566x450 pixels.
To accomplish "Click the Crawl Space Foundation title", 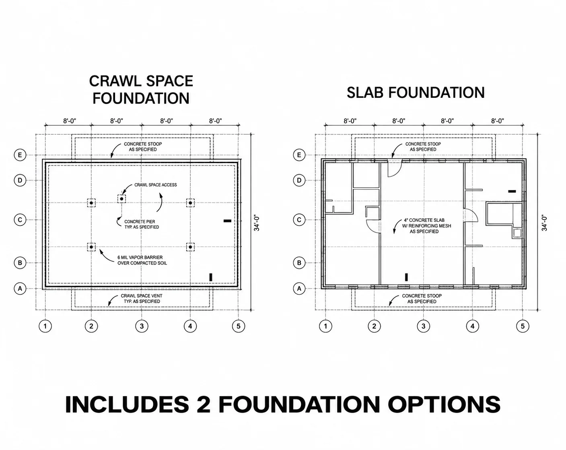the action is (141, 90).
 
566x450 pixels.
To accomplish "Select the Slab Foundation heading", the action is (416, 93).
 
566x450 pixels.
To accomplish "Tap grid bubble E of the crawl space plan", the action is (20, 155).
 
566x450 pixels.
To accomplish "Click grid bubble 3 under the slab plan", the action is (424, 326).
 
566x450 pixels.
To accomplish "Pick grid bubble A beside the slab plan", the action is (299, 289).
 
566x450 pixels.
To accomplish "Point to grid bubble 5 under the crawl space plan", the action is (239, 326).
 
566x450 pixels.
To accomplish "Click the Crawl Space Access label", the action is (155, 185).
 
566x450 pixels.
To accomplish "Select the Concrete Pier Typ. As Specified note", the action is (142, 224).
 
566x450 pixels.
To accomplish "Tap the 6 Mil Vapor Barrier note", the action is (142, 260).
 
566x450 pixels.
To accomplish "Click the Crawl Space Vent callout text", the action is (142, 298).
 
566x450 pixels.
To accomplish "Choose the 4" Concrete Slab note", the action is (426, 226).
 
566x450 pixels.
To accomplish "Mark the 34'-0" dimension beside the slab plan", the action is (544, 223).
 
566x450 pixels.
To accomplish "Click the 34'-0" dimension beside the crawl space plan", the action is (257, 223).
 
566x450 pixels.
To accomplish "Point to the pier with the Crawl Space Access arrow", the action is (121, 199).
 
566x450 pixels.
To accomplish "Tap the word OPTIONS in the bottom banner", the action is (444, 405).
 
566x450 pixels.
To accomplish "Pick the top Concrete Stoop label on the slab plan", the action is (423, 147).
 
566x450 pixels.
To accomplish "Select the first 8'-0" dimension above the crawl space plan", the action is (70, 121).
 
